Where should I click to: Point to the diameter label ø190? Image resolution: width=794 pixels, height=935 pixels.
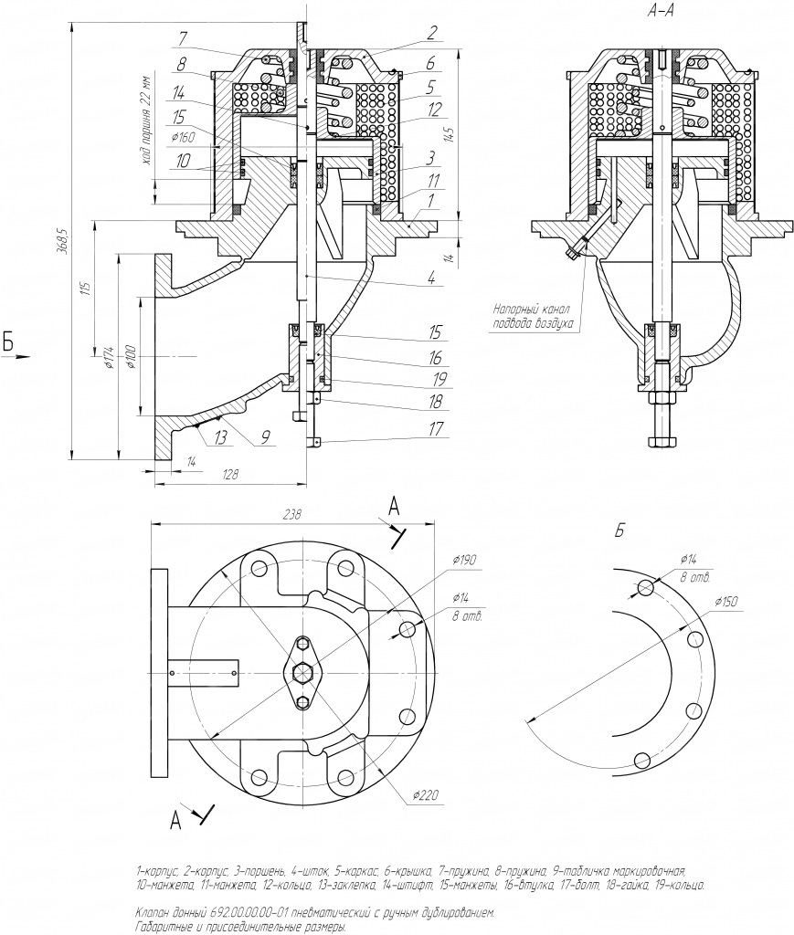[x=464, y=559]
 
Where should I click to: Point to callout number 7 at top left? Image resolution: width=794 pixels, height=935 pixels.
[x=183, y=38]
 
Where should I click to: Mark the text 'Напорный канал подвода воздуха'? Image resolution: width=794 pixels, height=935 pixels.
[x=533, y=316]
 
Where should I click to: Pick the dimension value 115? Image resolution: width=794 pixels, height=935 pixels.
[x=85, y=289]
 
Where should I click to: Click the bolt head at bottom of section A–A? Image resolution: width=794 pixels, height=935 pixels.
[x=662, y=442]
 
